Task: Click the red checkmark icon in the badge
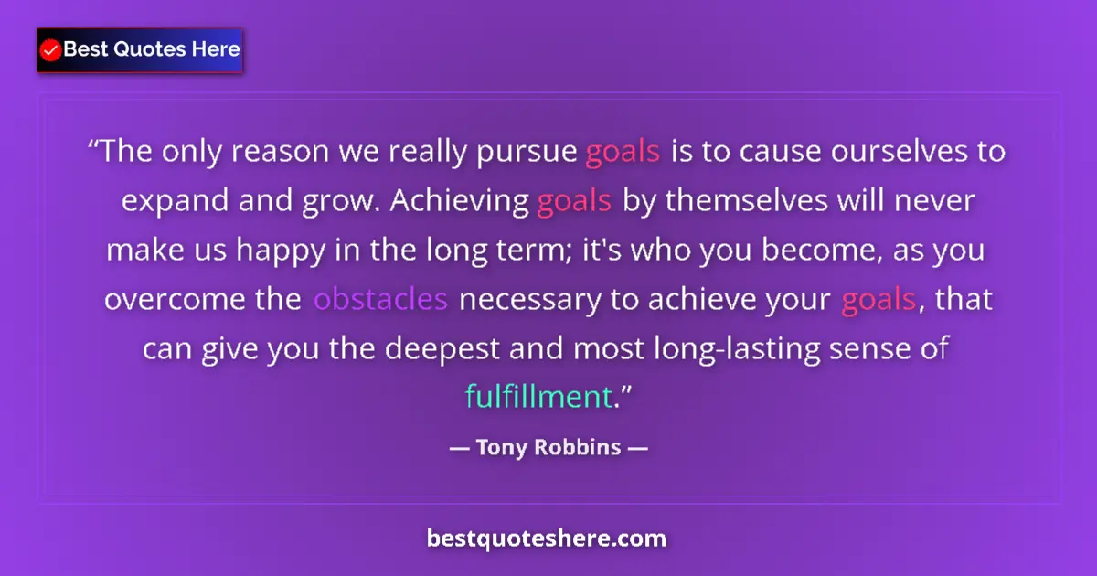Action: (51, 50)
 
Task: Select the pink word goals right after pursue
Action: (622, 151)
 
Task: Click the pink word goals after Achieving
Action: (574, 201)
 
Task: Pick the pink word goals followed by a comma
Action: (878, 300)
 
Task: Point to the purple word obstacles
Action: (380, 299)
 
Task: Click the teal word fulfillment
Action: (538, 398)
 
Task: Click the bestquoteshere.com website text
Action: (547, 539)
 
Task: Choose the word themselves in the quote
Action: (740, 200)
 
